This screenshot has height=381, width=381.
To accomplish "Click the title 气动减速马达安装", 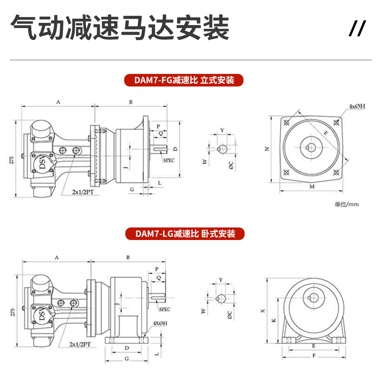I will coord(119,28).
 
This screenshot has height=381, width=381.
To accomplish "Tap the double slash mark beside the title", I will coord(357,29).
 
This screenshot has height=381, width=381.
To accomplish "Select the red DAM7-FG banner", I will coord(184,80).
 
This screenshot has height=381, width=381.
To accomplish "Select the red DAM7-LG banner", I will coord(185,234).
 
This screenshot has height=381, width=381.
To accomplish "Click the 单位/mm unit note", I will coord(346,204).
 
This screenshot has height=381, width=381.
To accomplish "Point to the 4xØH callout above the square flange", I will coord(356,106).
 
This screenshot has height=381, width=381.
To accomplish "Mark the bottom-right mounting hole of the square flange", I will coord(336,173).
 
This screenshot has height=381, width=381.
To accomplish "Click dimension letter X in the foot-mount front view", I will coord(263,311).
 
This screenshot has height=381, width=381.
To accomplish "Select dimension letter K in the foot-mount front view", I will coord(274,321).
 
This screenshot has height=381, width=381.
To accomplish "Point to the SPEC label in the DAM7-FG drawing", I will coord(169,160).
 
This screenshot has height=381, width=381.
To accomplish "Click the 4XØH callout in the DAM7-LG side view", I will coord(160,323).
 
